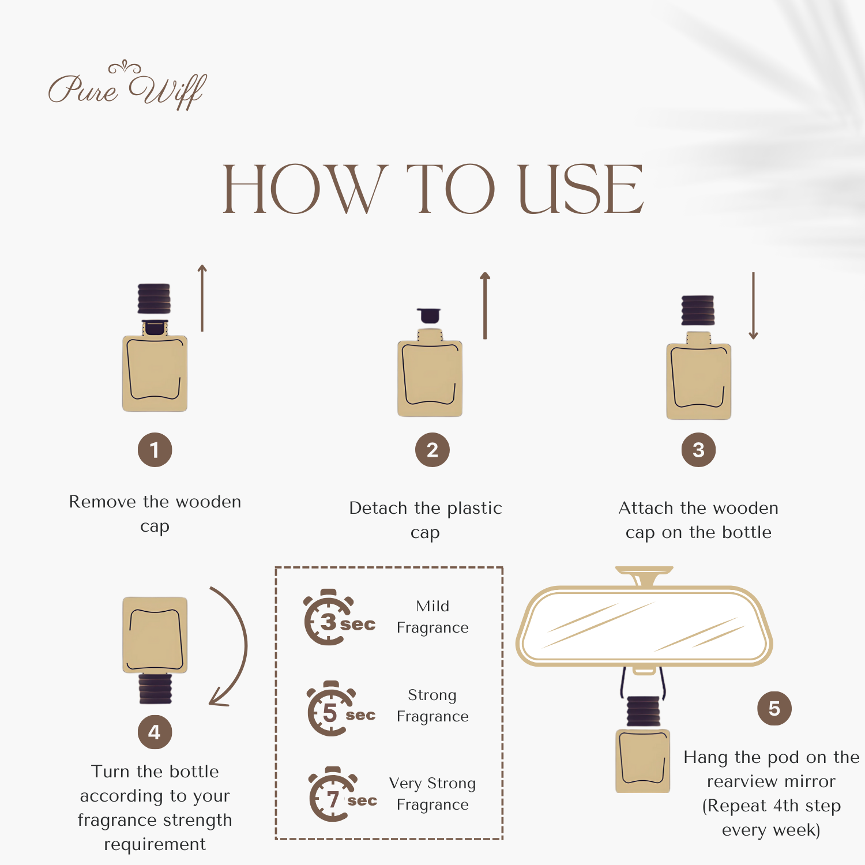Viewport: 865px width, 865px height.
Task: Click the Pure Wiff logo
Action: point(127,86)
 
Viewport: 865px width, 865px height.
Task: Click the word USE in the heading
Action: point(581,189)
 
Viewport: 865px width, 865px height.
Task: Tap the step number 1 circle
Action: point(155,450)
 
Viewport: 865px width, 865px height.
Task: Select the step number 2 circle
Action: point(432,450)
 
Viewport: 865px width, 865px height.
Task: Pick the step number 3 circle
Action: point(698,450)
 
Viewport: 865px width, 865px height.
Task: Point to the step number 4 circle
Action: point(155,732)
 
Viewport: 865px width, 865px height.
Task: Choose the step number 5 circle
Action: point(774,709)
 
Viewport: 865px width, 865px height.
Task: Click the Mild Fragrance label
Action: point(432,616)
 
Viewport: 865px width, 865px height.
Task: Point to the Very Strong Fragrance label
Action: point(432,793)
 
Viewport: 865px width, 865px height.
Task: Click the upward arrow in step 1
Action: point(202,298)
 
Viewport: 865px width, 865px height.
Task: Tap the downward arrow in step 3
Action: point(753,306)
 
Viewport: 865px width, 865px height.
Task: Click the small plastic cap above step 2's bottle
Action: point(429,315)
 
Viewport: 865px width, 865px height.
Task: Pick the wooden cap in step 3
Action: point(698,310)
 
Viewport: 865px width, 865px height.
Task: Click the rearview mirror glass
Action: point(644,626)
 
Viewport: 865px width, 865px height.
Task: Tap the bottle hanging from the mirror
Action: point(643,744)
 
